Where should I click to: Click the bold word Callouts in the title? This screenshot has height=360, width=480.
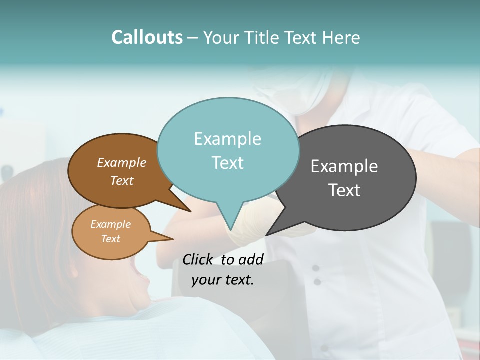coord(147,37)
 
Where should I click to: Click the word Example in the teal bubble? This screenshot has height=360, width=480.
coord(227,139)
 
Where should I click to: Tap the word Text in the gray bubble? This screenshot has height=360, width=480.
coord(344,190)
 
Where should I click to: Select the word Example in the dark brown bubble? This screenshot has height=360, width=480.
coord(121,162)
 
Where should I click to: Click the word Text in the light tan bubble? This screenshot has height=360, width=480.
coord(110,239)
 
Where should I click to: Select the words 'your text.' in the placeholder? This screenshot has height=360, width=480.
coord(223,280)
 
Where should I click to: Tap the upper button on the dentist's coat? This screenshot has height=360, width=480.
coord(315,268)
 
